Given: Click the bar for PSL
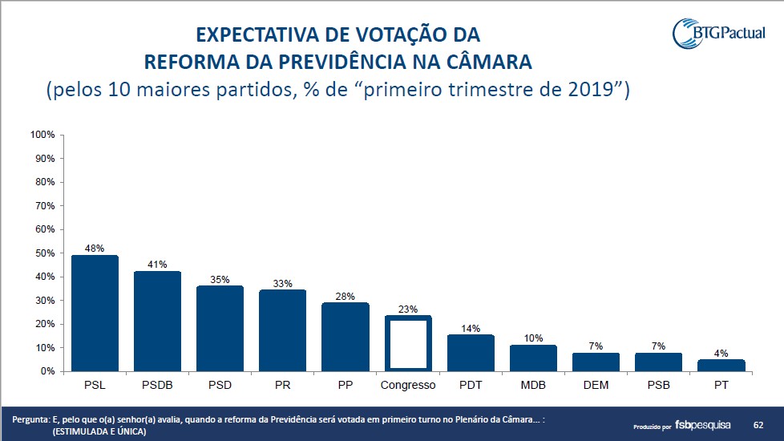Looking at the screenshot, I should pyautogui.click(x=95, y=314).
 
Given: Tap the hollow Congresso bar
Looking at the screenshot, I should pyautogui.click(x=408, y=343).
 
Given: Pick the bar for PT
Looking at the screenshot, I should pyautogui.click(x=721, y=366).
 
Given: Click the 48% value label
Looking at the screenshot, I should pyautogui.click(x=95, y=249).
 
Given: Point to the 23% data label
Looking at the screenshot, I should pyautogui.click(x=408, y=308).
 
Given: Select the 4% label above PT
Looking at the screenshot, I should pyautogui.click(x=721, y=353).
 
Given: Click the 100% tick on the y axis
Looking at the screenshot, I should pyautogui.click(x=42, y=135).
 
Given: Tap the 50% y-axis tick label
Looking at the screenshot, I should pyautogui.click(x=43, y=253).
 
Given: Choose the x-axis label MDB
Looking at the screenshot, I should pyautogui.click(x=533, y=385).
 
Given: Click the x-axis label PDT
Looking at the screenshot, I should pyautogui.click(x=471, y=385).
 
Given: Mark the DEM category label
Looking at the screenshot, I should pyautogui.click(x=596, y=385).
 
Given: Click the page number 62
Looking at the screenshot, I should pyautogui.click(x=758, y=423).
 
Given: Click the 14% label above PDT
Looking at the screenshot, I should pyautogui.click(x=471, y=329).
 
